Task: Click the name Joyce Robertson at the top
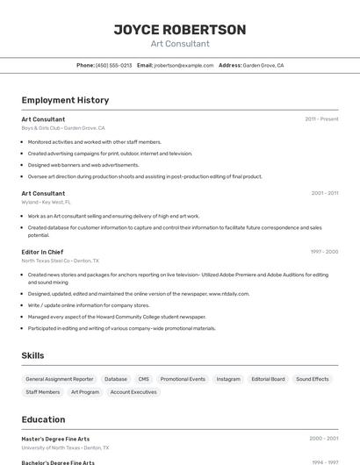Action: pyautogui.click(x=180, y=30)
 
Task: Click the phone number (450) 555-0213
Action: pyautogui.click(x=114, y=65)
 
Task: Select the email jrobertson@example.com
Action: pyautogui.click(x=184, y=65)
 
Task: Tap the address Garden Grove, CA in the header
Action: pyautogui.click(x=263, y=65)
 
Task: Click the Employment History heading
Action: pyautogui.click(x=65, y=100)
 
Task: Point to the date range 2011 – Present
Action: pyautogui.click(x=321, y=118)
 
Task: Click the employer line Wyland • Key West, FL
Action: pyautogui.click(x=47, y=202)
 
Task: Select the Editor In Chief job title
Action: pyautogui.click(x=42, y=252)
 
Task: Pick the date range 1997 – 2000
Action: pyautogui.click(x=324, y=252)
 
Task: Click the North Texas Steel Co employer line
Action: pyautogui.click(x=60, y=261)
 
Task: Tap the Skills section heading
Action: pyautogui.click(x=32, y=355)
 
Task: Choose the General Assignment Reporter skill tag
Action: pyautogui.click(x=59, y=379)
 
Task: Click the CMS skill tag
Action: pyautogui.click(x=143, y=379)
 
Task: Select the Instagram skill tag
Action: pyautogui.click(x=227, y=379)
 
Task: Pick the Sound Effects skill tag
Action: pyautogui.click(x=312, y=379)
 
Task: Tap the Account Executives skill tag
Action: pyautogui.click(x=133, y=392)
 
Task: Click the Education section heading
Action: pyautogui.click(x=43, y=419)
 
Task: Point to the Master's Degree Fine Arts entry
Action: pyautogui.click(x=55, y=439)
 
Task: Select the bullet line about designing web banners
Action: pyautogui.click(x=83, y=165)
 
